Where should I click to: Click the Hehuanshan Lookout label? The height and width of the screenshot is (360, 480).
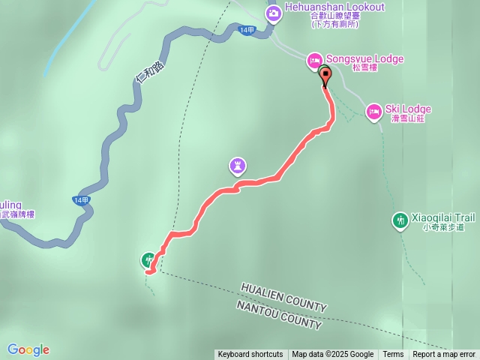point(334,7)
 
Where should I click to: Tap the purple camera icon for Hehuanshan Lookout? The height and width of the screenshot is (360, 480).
point(273,12)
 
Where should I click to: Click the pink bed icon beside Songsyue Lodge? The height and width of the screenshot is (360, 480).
point(314,61)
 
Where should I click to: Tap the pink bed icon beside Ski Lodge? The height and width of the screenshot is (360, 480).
point(373,112)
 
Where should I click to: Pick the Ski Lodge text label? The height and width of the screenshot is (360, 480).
point(408,109)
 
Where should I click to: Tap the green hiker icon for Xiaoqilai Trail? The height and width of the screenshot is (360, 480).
point(401,220)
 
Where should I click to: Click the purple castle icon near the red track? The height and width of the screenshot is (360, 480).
point(238,164)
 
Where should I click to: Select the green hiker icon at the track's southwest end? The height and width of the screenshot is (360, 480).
point(148,260)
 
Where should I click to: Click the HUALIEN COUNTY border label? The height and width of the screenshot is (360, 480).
point(283,298)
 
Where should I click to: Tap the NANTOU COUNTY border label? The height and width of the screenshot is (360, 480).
point(279,316)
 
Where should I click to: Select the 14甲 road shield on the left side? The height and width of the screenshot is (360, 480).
point(82,200)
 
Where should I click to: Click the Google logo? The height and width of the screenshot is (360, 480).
point(28,349)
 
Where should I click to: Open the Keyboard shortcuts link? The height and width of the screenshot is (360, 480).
point(250,355)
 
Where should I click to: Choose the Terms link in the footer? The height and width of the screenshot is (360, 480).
point(393,355)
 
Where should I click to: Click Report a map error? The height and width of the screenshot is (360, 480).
point(444,355)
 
